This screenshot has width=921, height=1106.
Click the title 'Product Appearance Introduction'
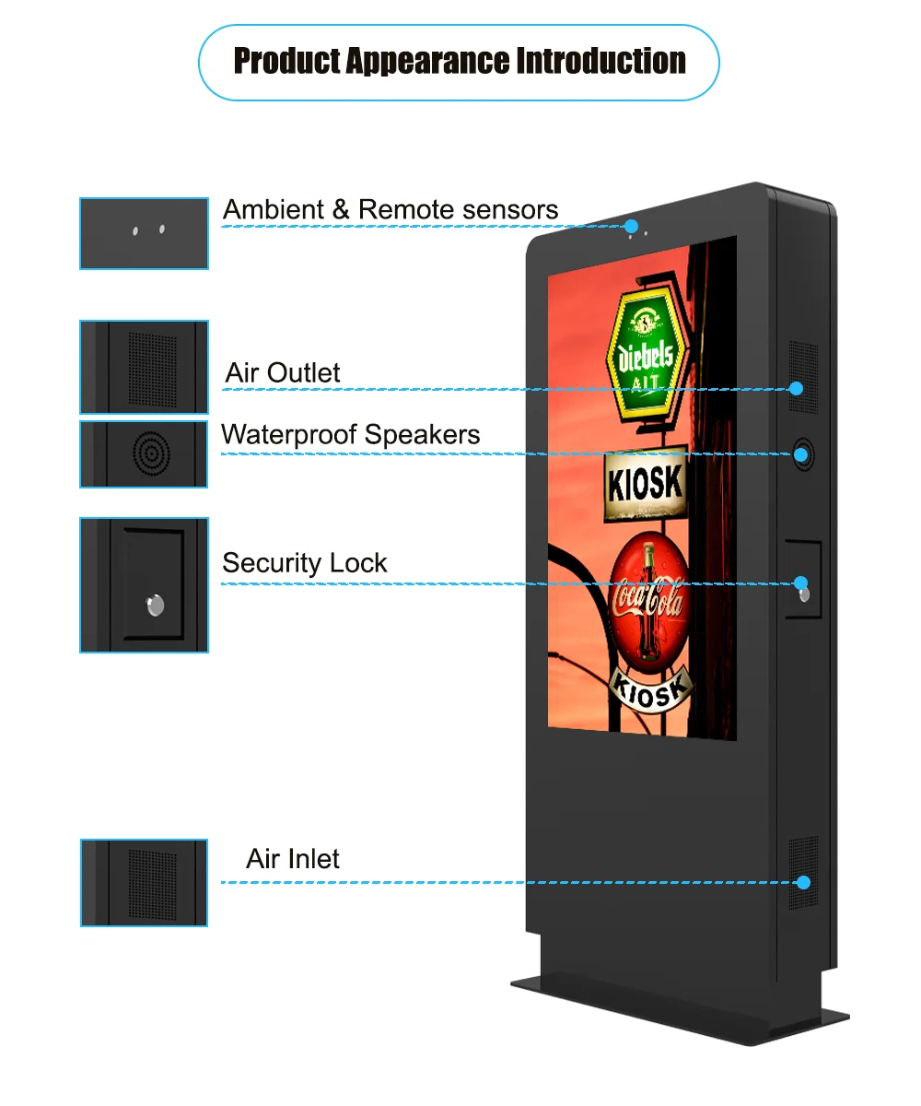[x=460, y=61]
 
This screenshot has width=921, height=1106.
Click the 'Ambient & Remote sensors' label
[x=391, y=209]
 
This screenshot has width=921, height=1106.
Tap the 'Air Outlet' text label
[x=283, y=372]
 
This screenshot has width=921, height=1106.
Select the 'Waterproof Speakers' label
[x=350, y=434]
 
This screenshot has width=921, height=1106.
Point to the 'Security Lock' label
[x=304, y=562]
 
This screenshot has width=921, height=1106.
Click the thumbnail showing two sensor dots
[x=144, y=233]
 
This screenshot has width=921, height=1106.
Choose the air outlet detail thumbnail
[x=144, y=367]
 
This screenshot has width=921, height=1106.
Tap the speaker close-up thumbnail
[x=144, y=454]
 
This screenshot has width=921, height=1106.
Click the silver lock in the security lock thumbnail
[x=155, y=606]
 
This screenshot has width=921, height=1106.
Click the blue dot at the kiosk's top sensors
[x=630, y=226]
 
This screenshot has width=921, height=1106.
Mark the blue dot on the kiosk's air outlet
[x=796, y=388]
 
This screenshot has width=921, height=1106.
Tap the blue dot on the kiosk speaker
[x=800, y=454]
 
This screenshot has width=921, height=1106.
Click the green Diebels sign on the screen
[x=647, y=354]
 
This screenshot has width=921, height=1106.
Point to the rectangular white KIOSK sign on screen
[x=646, y=483]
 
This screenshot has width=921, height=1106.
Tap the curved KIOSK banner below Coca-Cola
[x=651, y=688]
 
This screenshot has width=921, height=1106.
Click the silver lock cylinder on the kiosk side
[x=805, y=594]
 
